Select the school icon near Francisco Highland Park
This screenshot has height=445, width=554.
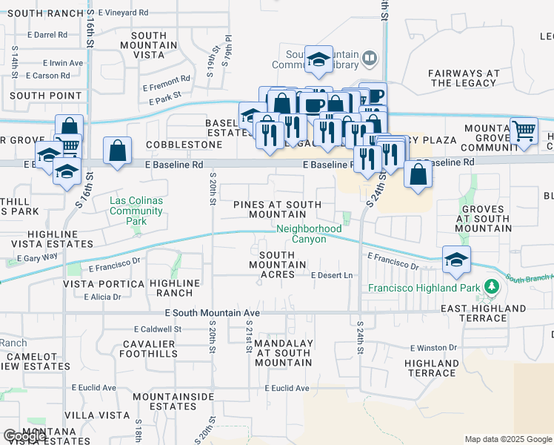tap(455, 260)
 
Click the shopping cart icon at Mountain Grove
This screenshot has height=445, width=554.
tap(524, 131)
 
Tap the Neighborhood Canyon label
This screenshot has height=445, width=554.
tap(309, 234)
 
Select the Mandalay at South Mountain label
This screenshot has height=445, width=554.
tap(283, 353)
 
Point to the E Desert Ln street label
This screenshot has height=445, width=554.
tap(332, 275)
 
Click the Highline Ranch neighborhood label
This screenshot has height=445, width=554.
tap(175, 288)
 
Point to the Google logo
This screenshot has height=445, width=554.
tap(25, 436)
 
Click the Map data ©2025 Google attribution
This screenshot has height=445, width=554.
tap(508, 439)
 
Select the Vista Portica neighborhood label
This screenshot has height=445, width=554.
tap(104, 284)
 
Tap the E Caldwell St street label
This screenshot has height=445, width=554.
tap(158, 329)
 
